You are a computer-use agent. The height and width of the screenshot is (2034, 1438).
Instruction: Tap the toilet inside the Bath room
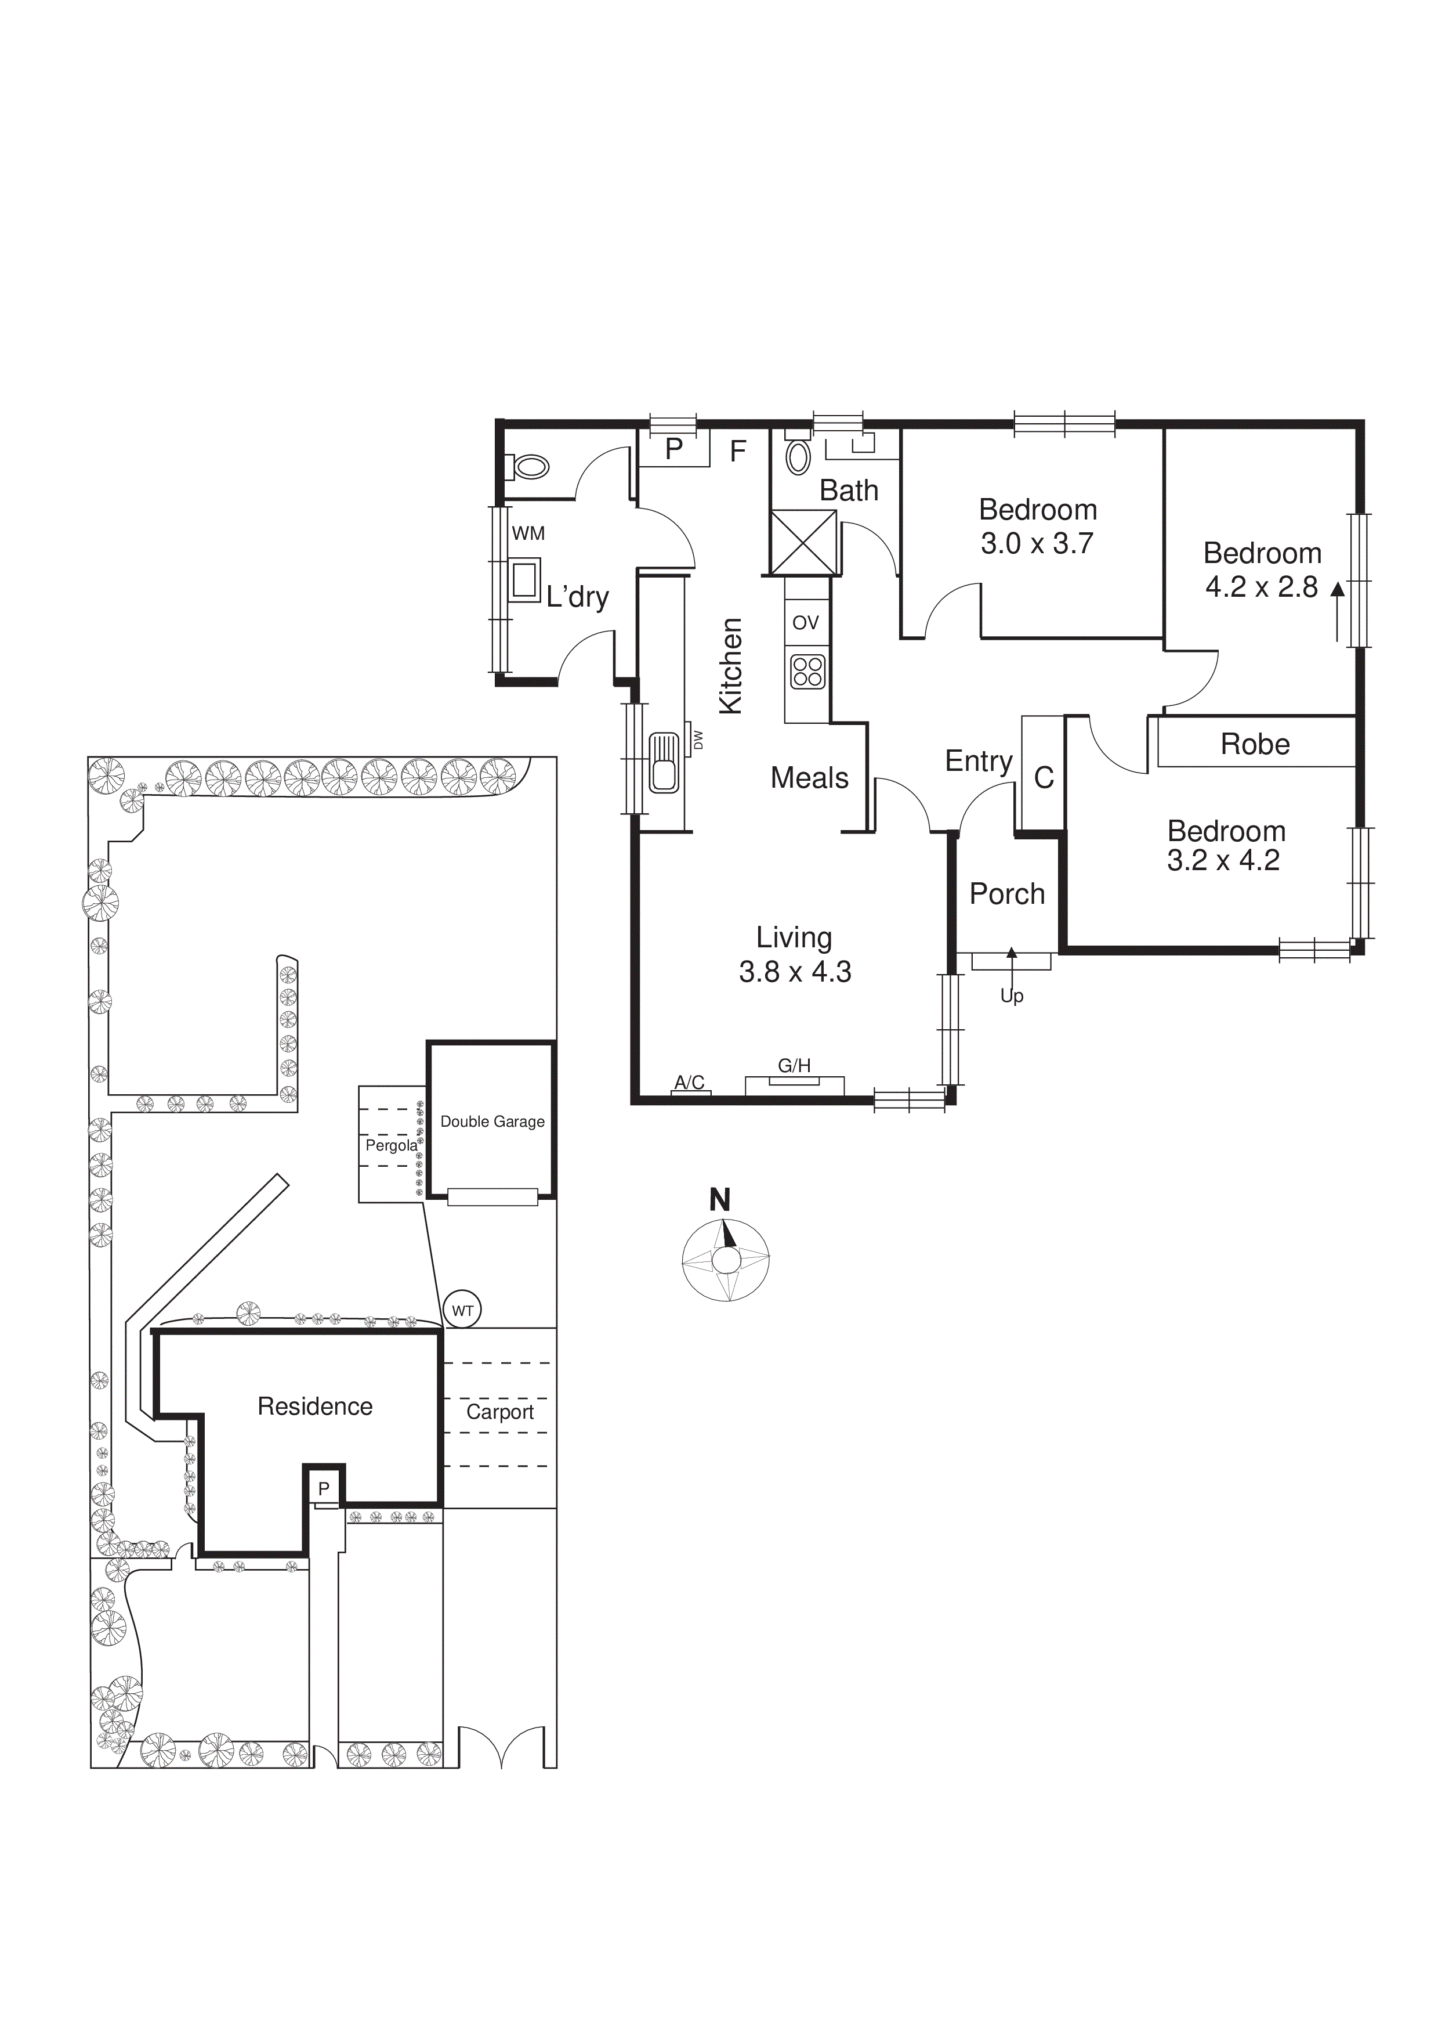coord(799,457)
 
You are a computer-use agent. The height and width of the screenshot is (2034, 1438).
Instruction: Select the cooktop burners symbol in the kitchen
coord(807,672)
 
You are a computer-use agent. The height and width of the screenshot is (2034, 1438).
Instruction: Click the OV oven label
coord(806,623)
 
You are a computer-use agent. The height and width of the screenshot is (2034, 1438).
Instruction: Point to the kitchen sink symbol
coord(663,762)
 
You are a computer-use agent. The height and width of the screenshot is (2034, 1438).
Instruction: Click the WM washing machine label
coord(528,533)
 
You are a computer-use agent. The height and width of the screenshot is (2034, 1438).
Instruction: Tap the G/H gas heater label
coord(794,1066)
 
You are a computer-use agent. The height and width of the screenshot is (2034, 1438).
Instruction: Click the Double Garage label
coord(492,1121)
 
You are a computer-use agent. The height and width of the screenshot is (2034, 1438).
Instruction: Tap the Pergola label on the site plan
coord(390,1145)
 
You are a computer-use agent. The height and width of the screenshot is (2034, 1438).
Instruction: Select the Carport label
coord(500,1412)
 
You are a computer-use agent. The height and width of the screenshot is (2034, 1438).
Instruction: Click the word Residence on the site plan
coord(315,1406)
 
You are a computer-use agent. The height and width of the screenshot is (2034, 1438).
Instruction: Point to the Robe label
coord(1255,744)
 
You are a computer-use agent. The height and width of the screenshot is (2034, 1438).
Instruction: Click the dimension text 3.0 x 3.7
coord(1037,543)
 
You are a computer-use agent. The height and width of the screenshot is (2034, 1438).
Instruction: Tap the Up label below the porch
coord(1011,996)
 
